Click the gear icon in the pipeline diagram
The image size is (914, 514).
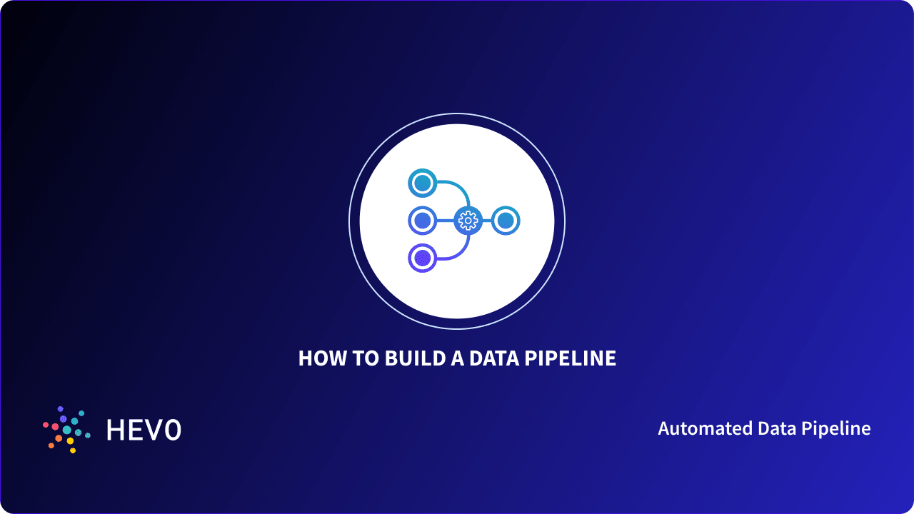[x=468, y=221]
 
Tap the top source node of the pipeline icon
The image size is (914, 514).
[x=423, y=183]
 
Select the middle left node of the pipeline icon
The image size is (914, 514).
[x=423, y=221]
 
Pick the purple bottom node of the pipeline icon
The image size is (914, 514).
[x=423, y=258]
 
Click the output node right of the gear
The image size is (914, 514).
[x=505, y=221]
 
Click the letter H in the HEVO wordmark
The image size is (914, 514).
[x=114, y=430]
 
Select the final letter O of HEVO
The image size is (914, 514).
[x=172, y=430]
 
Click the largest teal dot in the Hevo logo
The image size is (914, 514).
[x=67, y=430]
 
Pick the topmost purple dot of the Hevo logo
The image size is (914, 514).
[x=60, y=409]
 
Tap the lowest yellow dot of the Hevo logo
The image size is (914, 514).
[x=73, y=450]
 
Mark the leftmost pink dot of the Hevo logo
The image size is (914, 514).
[x=46, y=425]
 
